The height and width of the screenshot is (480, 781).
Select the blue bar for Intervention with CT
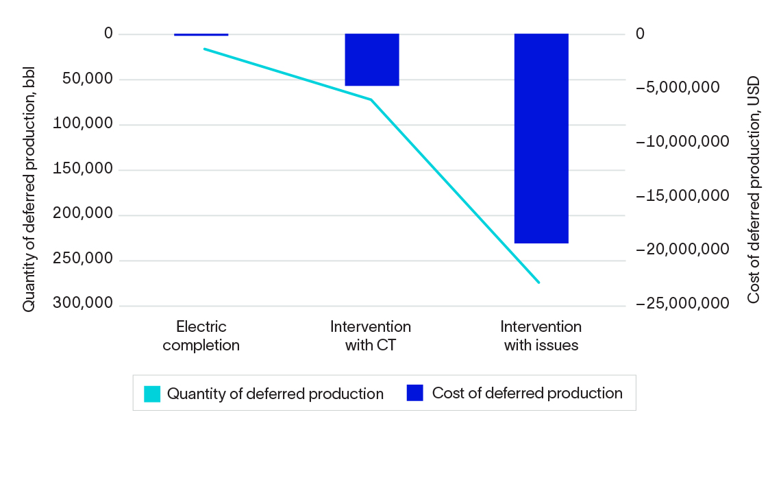[371, 60]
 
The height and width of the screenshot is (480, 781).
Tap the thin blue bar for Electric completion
[201, 34]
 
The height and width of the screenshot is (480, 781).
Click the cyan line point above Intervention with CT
[371, 99]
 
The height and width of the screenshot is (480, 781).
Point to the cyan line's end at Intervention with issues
[539, 282]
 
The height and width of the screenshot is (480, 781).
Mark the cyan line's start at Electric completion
[204, 49]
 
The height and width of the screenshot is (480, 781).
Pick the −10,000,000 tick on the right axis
[682, 142]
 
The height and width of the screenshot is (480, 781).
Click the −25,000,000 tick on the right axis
[682, 304]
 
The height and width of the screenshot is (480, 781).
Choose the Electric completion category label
[201, 335]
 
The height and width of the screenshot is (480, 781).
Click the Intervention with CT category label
[371, 335]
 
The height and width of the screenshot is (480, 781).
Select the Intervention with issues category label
[541, 335]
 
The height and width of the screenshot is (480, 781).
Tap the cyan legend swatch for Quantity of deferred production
[152, 394]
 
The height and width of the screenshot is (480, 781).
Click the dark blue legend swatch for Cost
[415, 393]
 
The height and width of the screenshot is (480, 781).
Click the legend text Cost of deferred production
[527, 393]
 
